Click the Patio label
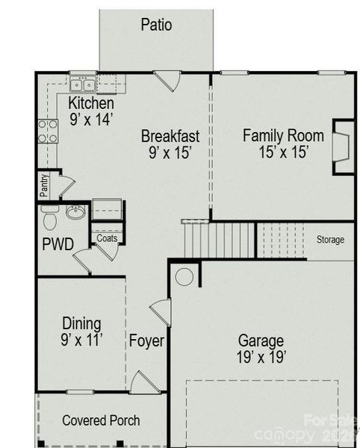pos(156,25)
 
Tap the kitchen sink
pos(82,83)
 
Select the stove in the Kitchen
pos(48,131)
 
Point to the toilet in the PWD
pos(50,219)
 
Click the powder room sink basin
pos(75,214)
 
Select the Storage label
pos(329,240)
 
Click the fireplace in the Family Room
pos(341,146)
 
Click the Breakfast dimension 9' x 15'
pos(170,152)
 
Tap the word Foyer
pos(146,341)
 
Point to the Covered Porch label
pos(101,420)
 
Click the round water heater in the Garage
pos(184,277)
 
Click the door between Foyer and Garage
pos(161,311)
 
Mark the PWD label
pos(58,245)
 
